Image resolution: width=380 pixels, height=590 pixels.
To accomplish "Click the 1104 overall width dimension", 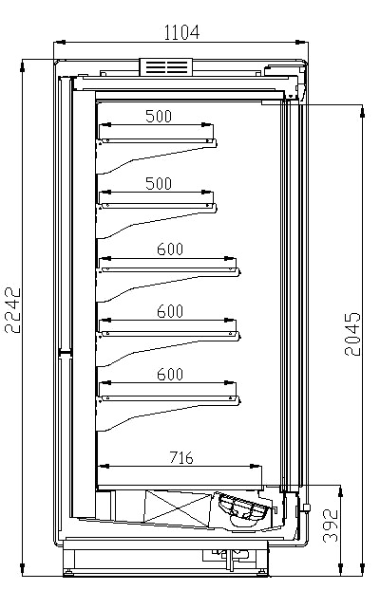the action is click(181, 33).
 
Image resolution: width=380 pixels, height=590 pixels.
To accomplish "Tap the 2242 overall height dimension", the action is click(12, 310).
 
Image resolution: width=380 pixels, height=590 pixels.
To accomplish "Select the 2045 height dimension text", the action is click(352, 334).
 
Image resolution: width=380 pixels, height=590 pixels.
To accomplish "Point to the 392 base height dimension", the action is click(331, 525).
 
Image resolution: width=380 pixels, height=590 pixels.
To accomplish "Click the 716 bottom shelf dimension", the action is click(180, 457).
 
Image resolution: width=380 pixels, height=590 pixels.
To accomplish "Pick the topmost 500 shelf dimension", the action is click(159, 117).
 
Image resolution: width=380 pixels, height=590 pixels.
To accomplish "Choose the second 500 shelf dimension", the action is click(159, 184).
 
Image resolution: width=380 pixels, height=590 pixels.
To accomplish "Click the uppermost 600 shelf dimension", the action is click(170, 249).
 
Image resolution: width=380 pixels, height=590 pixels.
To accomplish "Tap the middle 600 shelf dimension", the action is click(170, 311).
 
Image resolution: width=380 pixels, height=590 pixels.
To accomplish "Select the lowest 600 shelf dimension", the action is click(170, 375).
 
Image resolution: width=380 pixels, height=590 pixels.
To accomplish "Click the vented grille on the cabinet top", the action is click(166, 67).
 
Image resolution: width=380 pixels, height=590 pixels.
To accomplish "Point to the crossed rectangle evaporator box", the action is click(178, 507).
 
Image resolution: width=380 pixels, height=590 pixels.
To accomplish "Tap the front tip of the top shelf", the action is click(216, 143).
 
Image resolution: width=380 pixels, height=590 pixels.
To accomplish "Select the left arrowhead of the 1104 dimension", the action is click(58, 42).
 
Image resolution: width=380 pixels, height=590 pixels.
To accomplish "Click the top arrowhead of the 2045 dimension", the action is click(362, 111).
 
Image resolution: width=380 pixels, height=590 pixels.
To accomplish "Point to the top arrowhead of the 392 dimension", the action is click(341, 490).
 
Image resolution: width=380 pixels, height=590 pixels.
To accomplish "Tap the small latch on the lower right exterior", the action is click(306, 508).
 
